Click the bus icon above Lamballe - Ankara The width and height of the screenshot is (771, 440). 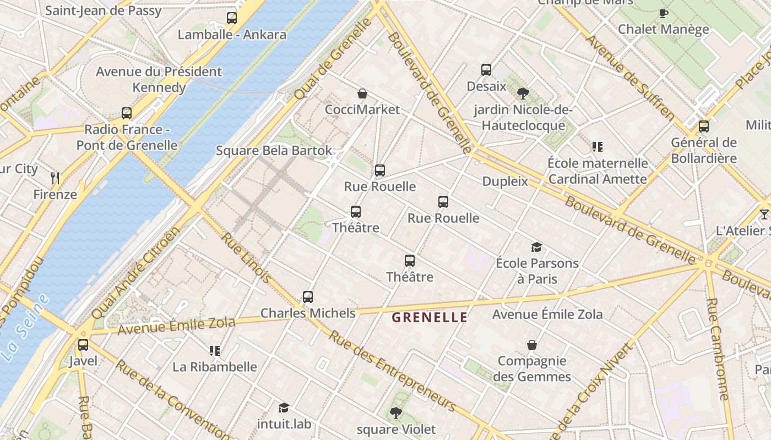point(232,18)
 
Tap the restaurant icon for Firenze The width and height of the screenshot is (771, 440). point(55,178)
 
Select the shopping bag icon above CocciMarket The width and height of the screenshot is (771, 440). point(362,94)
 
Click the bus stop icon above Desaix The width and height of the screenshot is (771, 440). point(486,70)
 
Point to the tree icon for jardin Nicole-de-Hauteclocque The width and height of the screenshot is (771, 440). point(523,94)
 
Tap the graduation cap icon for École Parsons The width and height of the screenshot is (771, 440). point(536,247)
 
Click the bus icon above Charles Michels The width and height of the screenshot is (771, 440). point(308,297)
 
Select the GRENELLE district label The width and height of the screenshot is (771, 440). point(430,317)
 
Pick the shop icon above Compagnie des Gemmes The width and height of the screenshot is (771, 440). point(532,345)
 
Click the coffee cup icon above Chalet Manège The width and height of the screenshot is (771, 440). point(663,13)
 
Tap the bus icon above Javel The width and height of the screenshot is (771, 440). point(83,345)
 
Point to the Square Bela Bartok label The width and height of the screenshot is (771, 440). point(274,151)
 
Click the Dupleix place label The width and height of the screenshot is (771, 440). point(505,182)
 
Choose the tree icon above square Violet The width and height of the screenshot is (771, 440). point(395,413)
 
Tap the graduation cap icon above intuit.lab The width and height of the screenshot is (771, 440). point(284,408)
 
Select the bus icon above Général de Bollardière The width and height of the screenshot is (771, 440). point(704,127)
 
